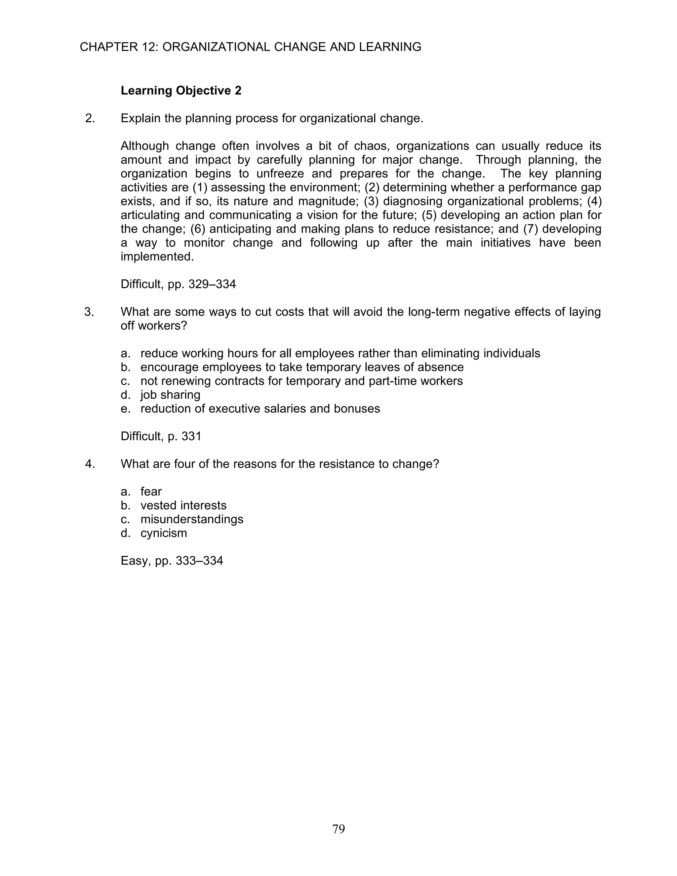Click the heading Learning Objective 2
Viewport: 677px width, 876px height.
coord(181,91)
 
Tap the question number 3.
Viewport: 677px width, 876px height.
coord(89,312)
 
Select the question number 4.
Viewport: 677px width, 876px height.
coord(90,464)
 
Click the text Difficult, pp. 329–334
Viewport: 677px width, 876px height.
coord(178,284)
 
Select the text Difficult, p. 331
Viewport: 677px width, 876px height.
coord(161,436)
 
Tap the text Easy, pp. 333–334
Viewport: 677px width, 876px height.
coord(172,560)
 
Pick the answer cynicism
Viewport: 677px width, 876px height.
coord(164,533)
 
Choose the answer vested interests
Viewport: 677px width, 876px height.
coord(183,505)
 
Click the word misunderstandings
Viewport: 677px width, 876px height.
coord(192,519)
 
